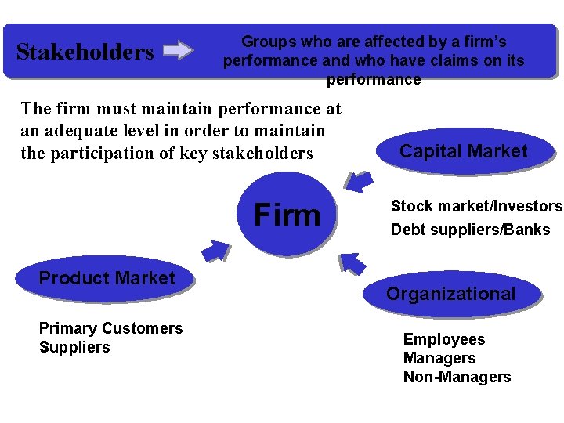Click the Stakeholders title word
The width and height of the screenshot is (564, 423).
pyautogui.click(x=85, y=52)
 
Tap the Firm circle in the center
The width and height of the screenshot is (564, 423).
pyautogui.click(x=287, y=214)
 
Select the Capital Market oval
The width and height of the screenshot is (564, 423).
pyautogui.click(x=464, y=151)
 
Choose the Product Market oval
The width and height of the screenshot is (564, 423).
pyautogui.click(x=107, y=278)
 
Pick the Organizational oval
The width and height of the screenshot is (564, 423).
pyautogui.click(x=450, y=294)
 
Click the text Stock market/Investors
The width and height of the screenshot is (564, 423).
pyautogui.click(x=476, y=206)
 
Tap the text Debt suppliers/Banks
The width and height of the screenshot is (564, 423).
pyautogui.click(x=470, y=230)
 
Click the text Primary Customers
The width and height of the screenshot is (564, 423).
pyautogui.click(x=110, y=328)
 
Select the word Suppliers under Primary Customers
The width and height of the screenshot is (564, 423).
pyautogui.click(x=74, y=347)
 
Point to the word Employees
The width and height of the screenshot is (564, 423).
pyautogui.click(x=443, y=339)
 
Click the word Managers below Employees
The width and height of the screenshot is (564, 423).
pyautogui.click(x=439, y=358)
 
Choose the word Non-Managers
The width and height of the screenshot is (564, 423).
pyautogui.click(x=457, y=377)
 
